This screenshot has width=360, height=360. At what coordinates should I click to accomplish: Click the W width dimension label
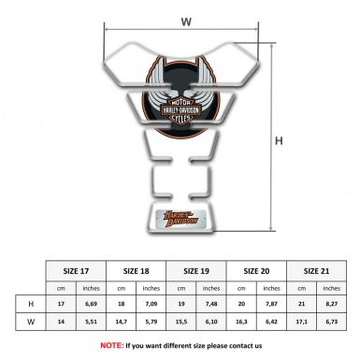tap(187, 17)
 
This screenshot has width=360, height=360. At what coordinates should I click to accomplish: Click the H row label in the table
tap(32, 304)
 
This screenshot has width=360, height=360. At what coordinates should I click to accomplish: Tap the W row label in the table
tap(32, 323)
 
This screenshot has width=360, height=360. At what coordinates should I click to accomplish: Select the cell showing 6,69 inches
tap(93, 304)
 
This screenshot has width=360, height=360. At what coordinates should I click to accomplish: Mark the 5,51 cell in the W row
tap(93, 323)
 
